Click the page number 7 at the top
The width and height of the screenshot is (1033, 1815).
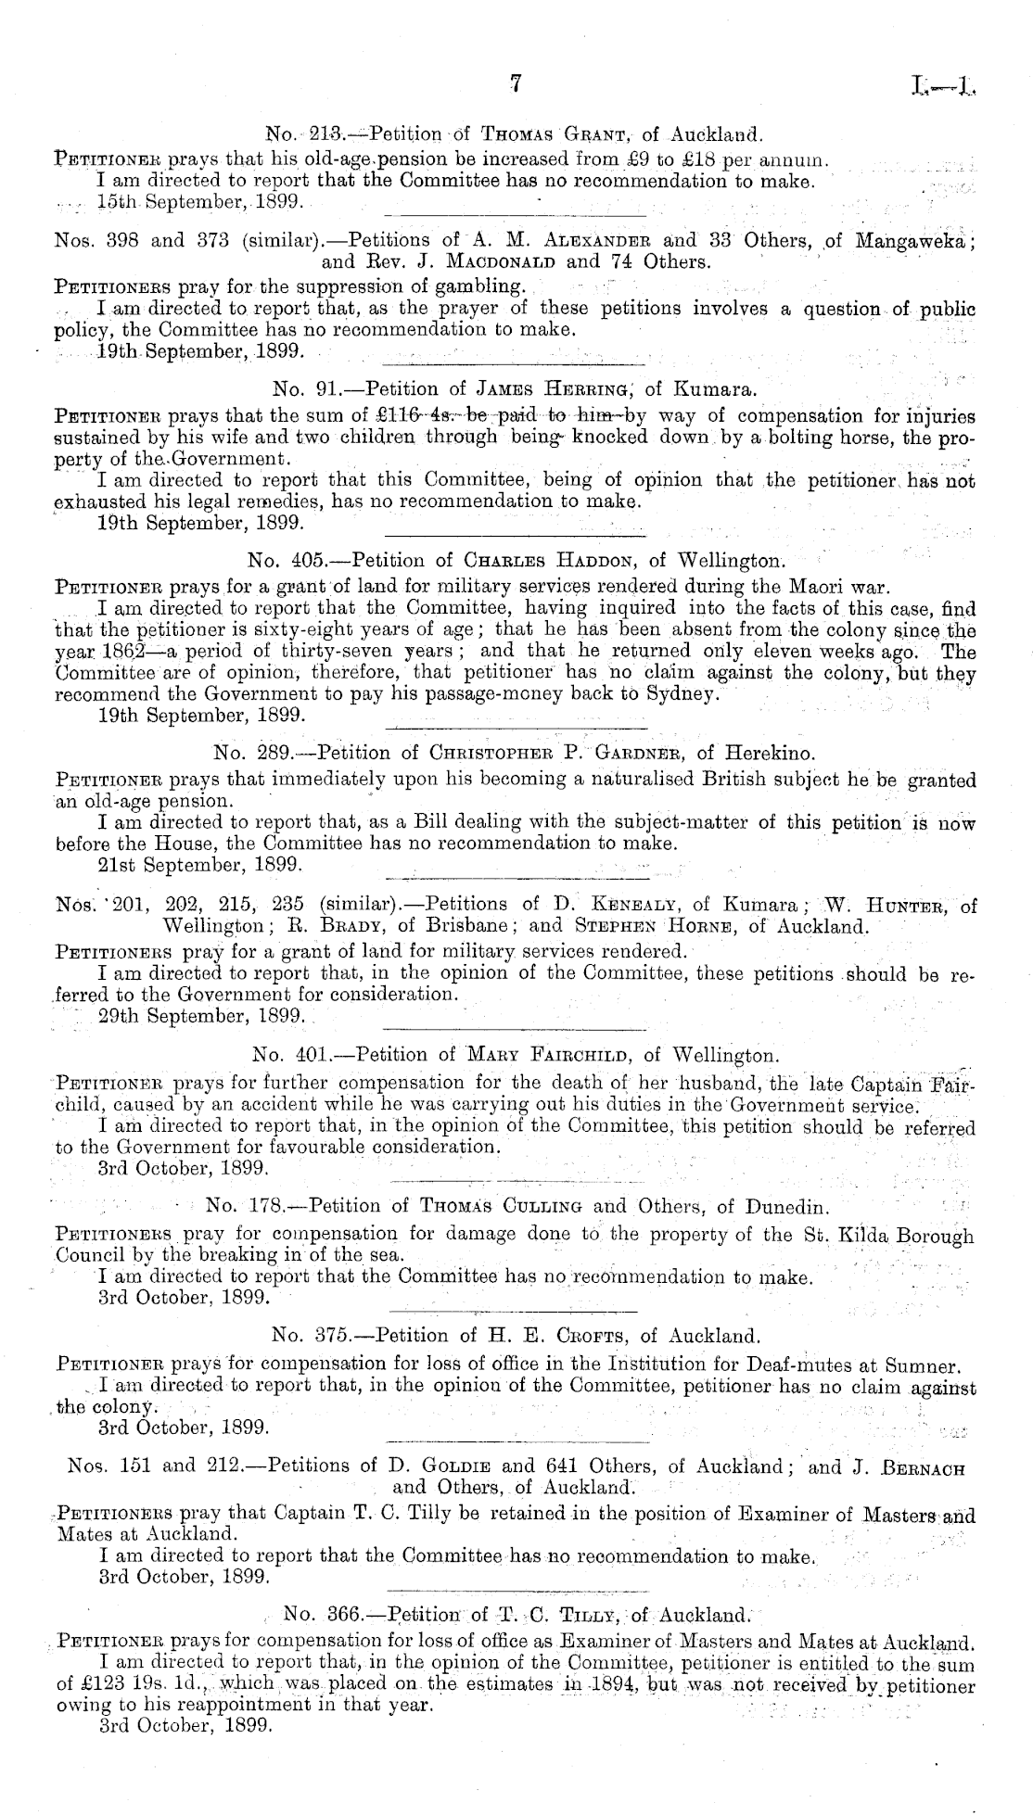(517, 85)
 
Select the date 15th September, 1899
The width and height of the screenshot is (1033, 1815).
(192, 202)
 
